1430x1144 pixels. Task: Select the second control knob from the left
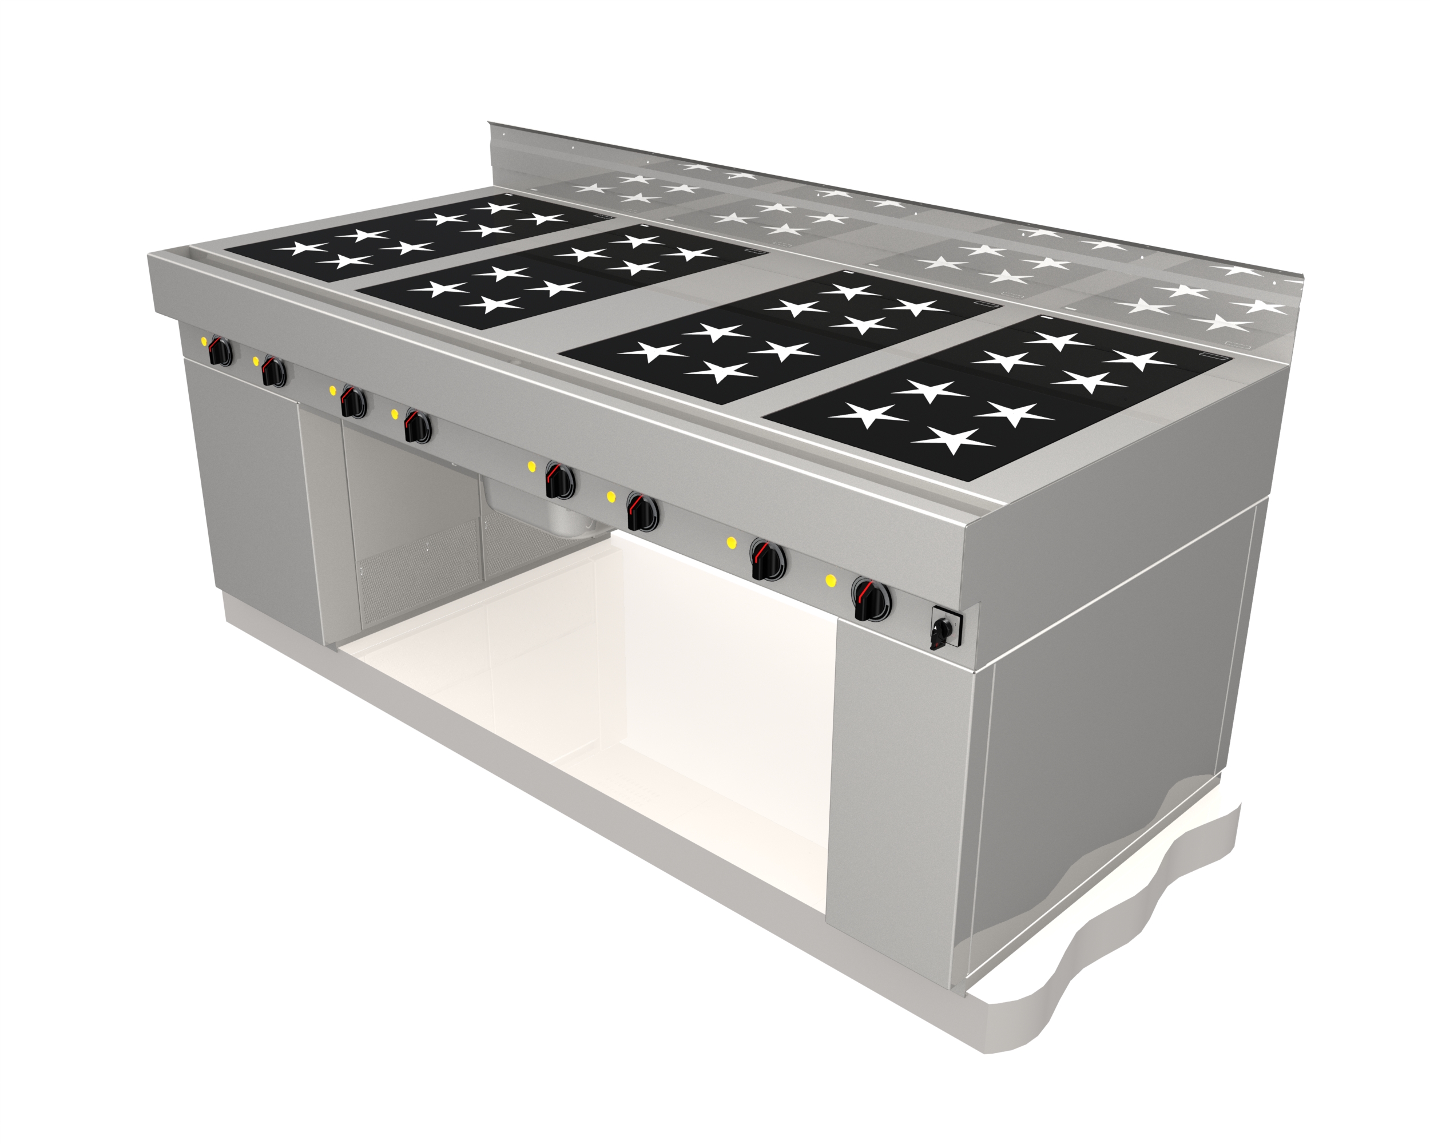point(273,371)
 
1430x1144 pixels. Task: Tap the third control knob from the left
point(353,402)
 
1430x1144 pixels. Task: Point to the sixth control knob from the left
point(641,513)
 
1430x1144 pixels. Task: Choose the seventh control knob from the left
point(768,561)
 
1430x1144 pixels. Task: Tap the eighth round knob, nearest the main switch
point(872,600)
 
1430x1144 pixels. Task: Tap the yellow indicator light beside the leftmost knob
point(204,341)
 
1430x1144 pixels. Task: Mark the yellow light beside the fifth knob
point(531,466)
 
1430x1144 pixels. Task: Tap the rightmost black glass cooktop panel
point(995,398)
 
